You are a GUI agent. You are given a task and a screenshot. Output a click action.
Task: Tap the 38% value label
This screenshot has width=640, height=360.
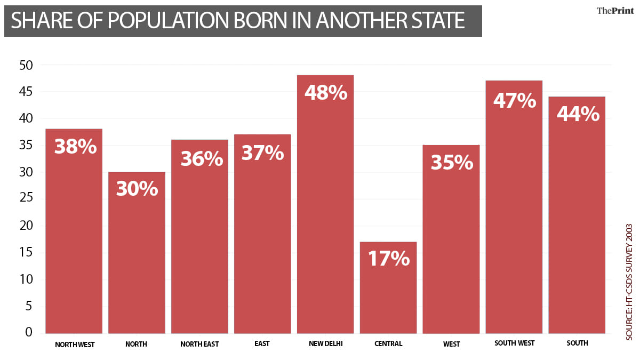[x=76, y=147]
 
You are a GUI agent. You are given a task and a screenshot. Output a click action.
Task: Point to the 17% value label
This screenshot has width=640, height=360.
[x=389, y=259]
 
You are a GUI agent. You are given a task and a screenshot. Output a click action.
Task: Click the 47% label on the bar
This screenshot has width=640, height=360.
[x=514, y=100]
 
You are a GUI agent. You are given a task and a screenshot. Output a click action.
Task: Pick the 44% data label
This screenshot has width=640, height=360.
[x=578, y=114]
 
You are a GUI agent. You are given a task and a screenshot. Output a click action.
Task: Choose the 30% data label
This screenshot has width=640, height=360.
[x=137, y=189]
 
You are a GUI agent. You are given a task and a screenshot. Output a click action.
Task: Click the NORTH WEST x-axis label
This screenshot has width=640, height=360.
[x=75, y=345]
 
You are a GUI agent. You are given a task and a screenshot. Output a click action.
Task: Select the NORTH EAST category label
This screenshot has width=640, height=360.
[x=199, y=345]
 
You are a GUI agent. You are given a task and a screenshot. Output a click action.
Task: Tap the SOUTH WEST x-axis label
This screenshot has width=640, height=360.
[x=514, y=343]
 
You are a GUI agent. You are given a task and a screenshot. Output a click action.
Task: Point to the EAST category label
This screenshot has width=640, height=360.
[x=262, y=344]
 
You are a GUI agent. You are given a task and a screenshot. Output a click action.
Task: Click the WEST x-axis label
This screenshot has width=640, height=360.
[x=451, y=345]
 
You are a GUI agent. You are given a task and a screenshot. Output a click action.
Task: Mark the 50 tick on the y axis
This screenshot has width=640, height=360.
[x=26, y=65]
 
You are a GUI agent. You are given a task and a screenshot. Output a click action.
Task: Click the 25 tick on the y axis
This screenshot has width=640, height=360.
[x=26, y=199]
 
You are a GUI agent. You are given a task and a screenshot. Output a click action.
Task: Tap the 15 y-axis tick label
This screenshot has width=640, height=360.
[x=26, y=252]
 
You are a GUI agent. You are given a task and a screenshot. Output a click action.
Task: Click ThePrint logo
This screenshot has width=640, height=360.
[x=613, y=11]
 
